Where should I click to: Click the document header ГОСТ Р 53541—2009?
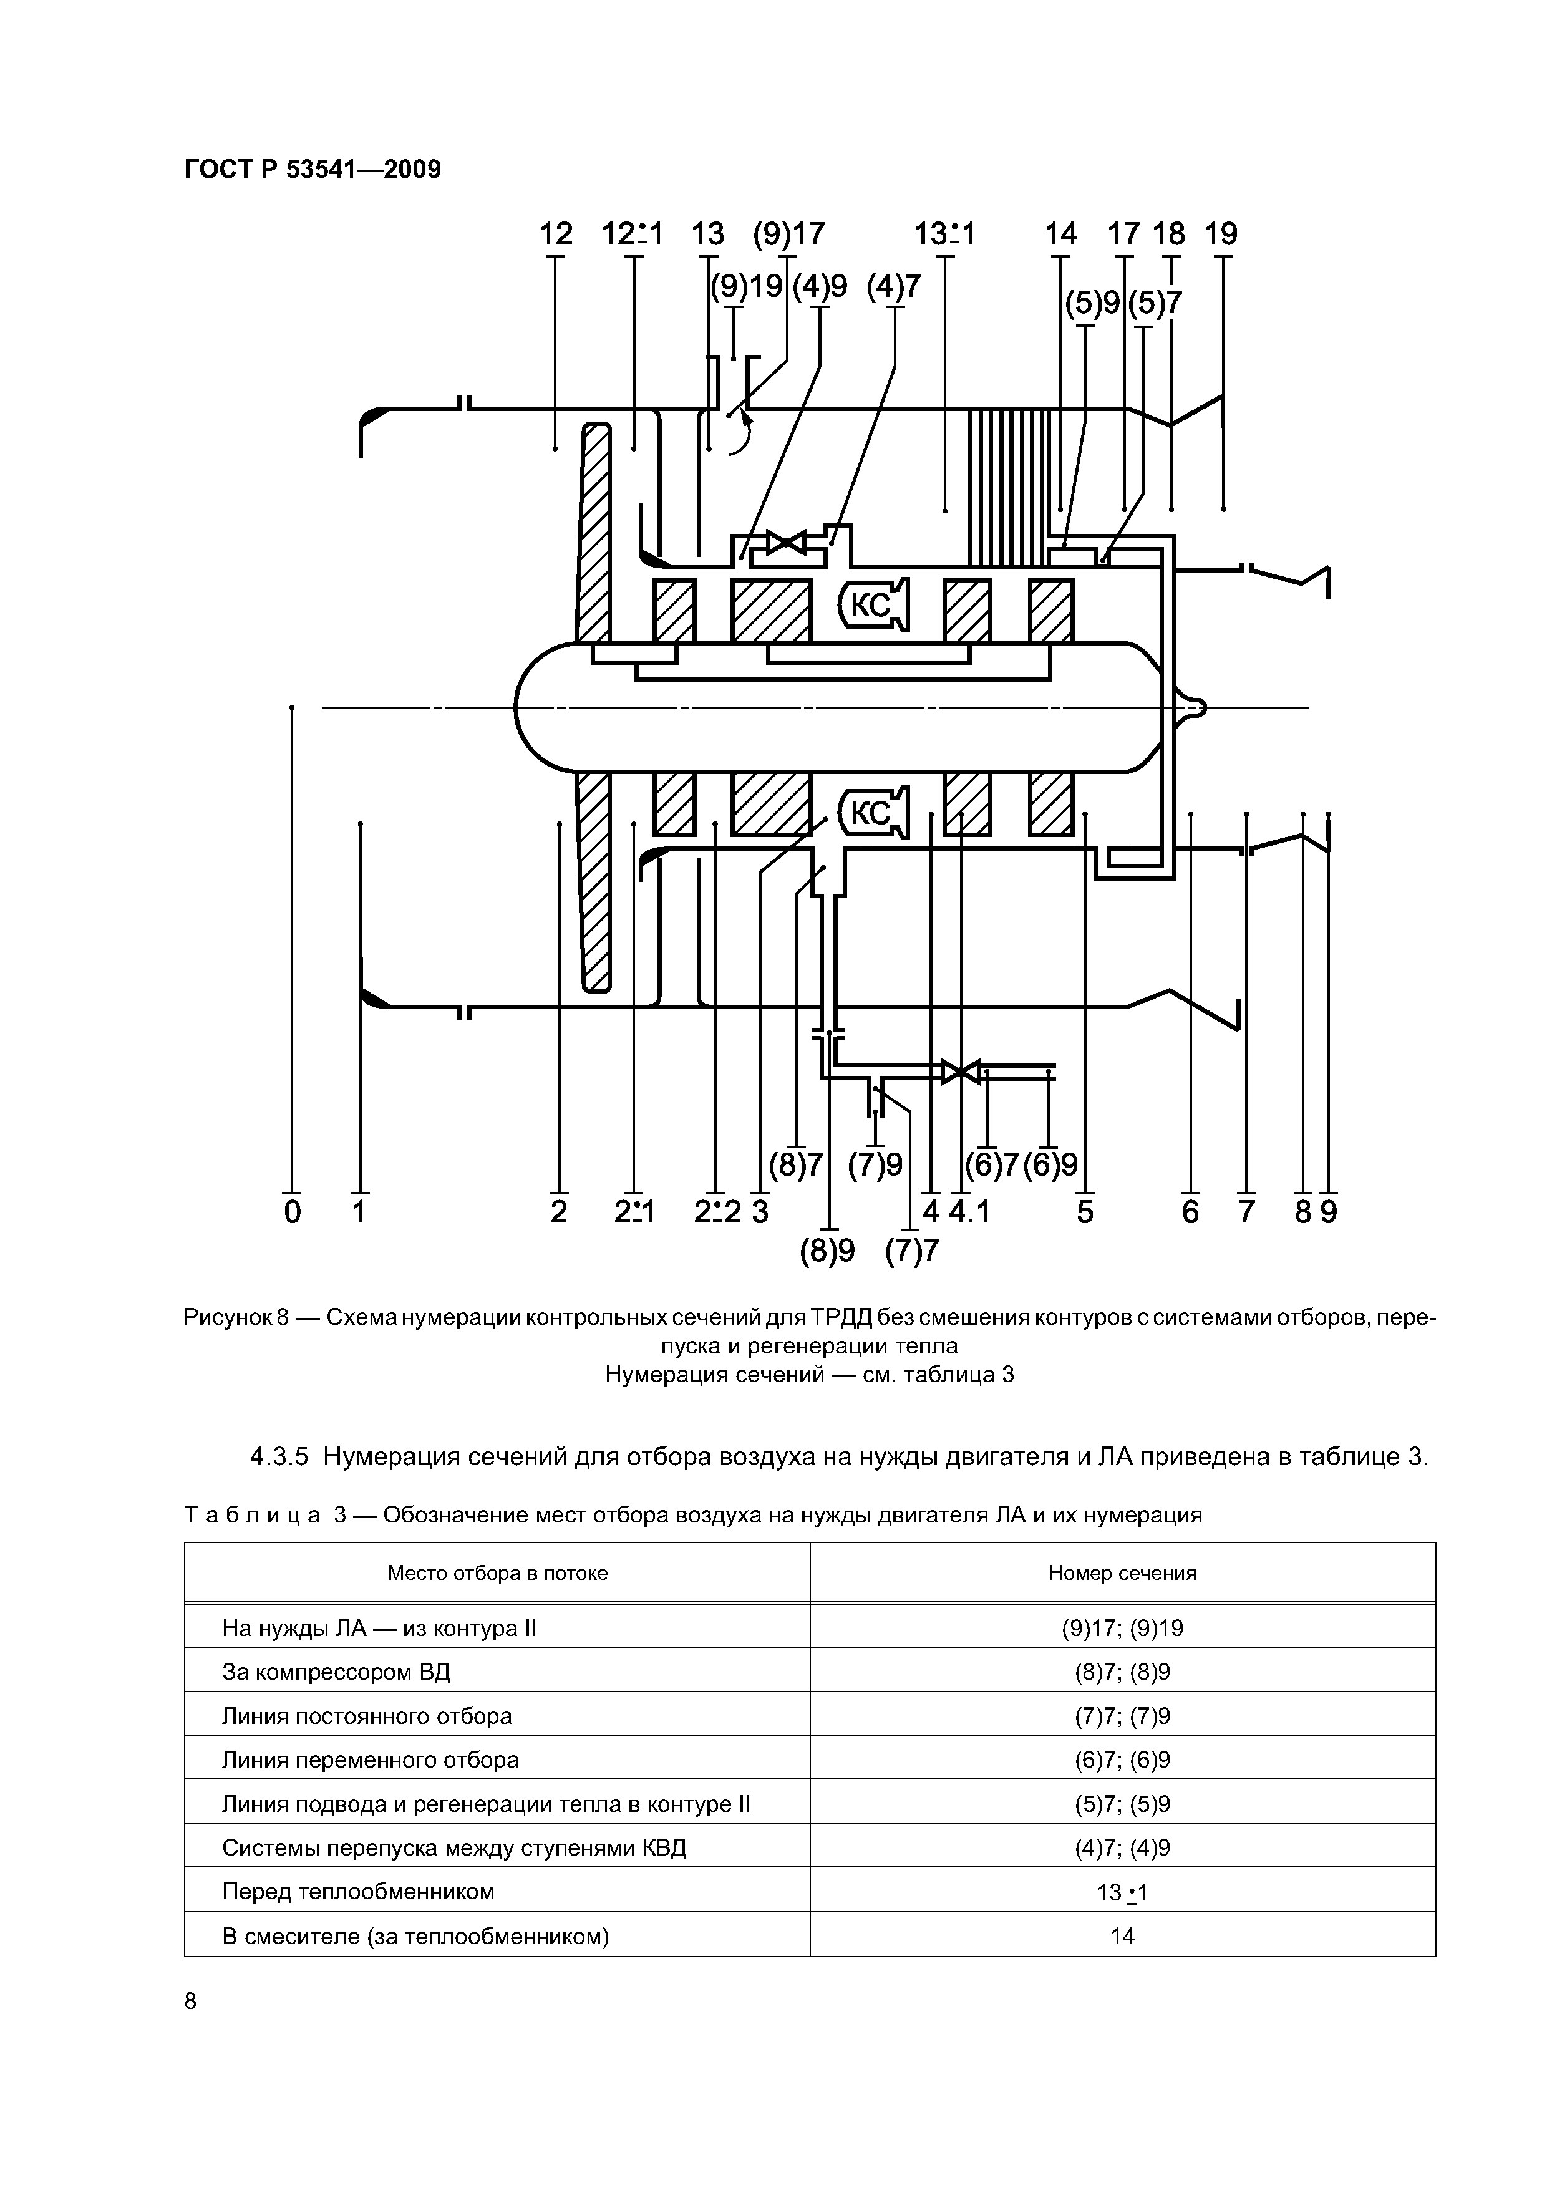click(313, 170)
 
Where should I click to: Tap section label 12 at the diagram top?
click(556, 233)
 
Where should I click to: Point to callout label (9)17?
click(788, 233)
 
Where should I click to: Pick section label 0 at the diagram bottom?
click(293, 1212)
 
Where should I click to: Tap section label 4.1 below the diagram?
click(969, 1212)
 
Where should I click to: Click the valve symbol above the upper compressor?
click(787, 544)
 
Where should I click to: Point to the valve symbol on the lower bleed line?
click(961, 1071)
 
